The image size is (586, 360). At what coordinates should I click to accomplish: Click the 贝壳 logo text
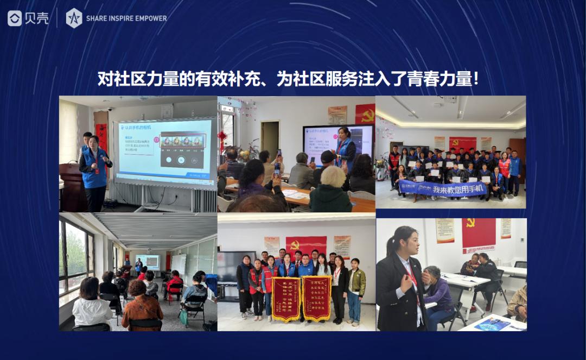click(36, 18)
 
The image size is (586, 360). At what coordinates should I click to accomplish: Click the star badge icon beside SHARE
click(74, 18)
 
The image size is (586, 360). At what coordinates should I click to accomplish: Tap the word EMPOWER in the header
click(150, 18)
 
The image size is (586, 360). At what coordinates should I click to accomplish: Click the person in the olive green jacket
click(356, 288)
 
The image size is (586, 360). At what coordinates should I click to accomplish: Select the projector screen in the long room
click(148, 262)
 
